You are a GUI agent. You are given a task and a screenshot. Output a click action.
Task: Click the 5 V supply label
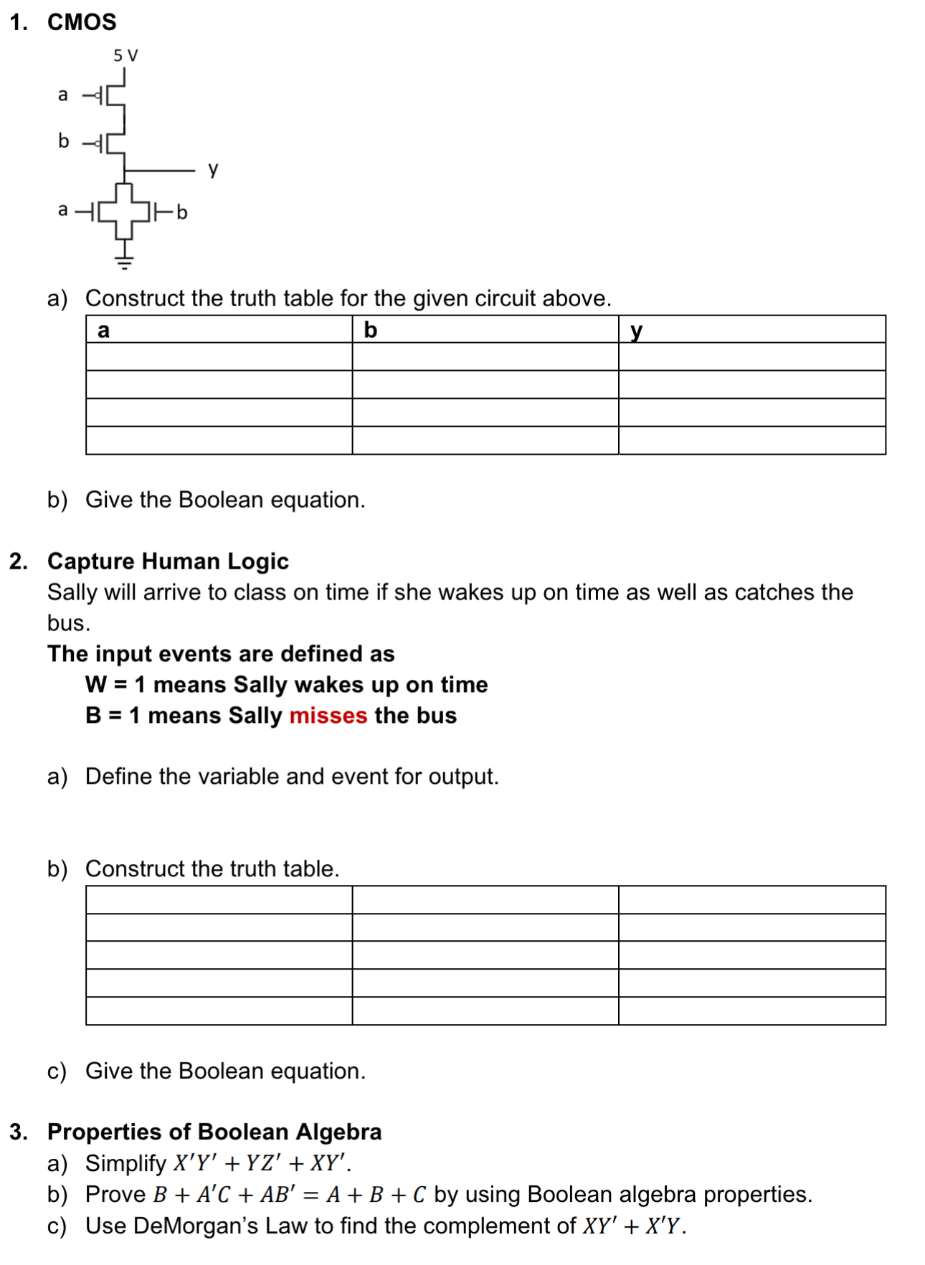click(x=125, y=55)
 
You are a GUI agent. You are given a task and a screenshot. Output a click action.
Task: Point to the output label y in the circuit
click(x=212, y=169)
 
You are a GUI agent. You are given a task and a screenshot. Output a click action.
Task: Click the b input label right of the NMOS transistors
click(x=182, y=212)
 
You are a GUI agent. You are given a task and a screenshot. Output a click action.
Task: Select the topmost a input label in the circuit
click(x=63, y=95)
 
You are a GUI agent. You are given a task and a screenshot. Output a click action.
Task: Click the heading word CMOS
click(x=82, y=22)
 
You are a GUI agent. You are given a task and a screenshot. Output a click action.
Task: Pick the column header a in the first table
click(x=103, y=330)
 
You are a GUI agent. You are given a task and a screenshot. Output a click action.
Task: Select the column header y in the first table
click(x=636, y=331)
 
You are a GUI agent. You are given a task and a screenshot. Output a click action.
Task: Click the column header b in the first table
click(x=370, y=330)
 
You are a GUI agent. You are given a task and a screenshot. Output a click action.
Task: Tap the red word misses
click(x=328, y=715)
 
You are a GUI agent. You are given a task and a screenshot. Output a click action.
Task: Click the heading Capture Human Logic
click(x=168, y=561)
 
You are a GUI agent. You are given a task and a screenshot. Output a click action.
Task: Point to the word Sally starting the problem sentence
click(x=72, y=592)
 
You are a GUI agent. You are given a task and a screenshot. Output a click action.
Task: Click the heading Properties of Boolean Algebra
click(x=214, y=1131)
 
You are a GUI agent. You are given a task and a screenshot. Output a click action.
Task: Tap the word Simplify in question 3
click(x=125, y=1162)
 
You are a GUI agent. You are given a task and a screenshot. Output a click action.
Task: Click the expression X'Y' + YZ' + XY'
click(x=262, y=1162)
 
